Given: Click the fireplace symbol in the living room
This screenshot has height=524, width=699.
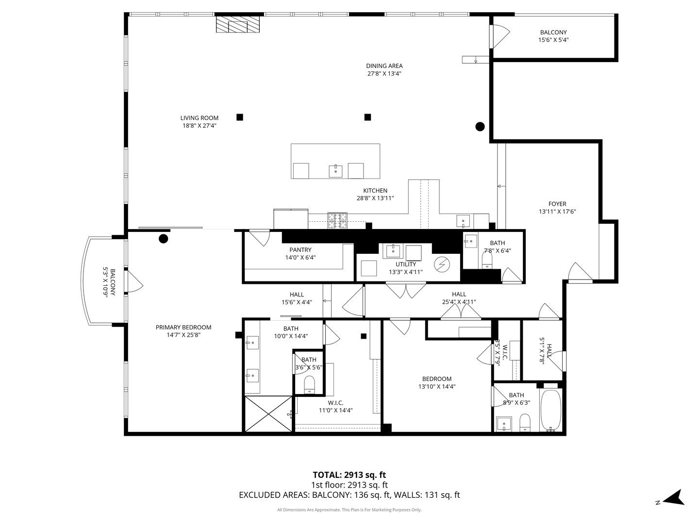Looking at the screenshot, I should tap(238, 25).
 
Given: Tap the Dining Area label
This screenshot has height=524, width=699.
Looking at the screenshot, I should tap(384, 66).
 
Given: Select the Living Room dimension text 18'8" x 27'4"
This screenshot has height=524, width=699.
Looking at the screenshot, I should tap(199, 126).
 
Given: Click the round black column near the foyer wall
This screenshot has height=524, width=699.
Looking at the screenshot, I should tap(480, 127).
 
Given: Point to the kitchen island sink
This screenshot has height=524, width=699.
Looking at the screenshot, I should tap(335, 170).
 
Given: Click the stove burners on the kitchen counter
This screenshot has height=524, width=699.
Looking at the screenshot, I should tap(338, 220).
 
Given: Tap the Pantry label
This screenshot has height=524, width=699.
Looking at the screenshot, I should tap(300, 250).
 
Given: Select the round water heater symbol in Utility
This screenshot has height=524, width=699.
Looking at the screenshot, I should tap(442, 264).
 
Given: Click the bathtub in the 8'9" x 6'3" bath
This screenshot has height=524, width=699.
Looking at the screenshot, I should tap(551, 410).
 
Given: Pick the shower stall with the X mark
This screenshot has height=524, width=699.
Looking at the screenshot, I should tap(268, 413).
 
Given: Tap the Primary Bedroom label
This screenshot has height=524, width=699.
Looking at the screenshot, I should tap(183, 327).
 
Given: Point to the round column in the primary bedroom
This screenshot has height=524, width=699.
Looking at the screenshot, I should tap(164, 238).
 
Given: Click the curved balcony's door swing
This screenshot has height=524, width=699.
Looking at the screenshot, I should tap(133, 281).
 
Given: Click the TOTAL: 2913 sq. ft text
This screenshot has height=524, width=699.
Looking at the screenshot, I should tap(349, 475).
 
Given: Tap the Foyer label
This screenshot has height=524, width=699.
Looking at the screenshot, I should tap(557, 204).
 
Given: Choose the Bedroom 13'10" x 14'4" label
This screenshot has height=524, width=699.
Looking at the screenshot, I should tap(436, 379).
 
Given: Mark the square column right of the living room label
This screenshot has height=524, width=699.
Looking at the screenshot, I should tap(240, 117).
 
